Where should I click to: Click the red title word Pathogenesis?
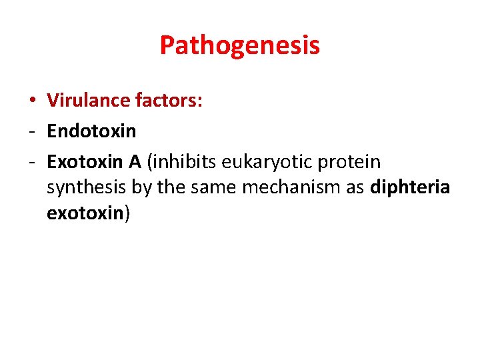239,45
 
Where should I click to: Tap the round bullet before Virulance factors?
32,101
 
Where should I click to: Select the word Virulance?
88,101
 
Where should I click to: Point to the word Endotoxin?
91,131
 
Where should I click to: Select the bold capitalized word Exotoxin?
85,162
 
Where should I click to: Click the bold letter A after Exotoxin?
135,162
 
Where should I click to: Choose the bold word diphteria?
410,188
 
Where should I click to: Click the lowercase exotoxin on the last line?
85,213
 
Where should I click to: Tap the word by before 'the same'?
141,188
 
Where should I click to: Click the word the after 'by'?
171,188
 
